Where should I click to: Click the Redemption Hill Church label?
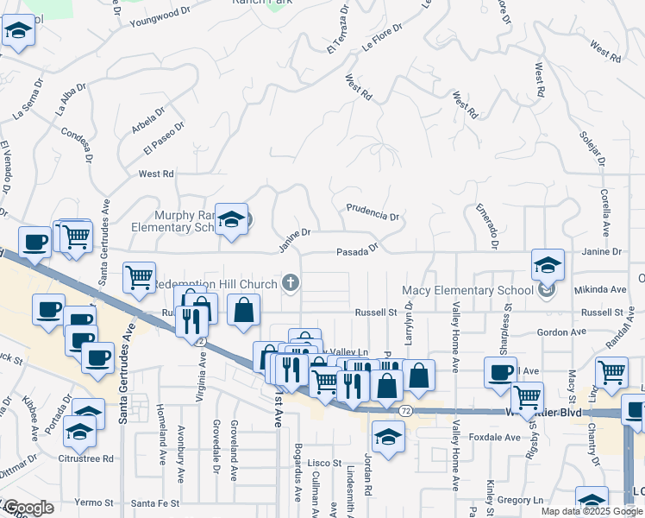(x=216, y=285)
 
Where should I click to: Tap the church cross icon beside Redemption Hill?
(x=291, y=282)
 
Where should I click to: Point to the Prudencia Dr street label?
(x=373, y=212)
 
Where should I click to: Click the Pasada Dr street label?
(x=357, y=250)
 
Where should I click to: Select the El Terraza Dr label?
(x=337, y=33)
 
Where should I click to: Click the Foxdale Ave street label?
(x=495, y=437)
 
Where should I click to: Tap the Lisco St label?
(x=326, y=463)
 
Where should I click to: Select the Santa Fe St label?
(x=156, y=502)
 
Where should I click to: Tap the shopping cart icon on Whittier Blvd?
(x=527, y=398)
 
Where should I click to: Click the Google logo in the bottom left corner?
(x=29, y=508)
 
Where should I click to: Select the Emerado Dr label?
(x=485, y=226)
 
